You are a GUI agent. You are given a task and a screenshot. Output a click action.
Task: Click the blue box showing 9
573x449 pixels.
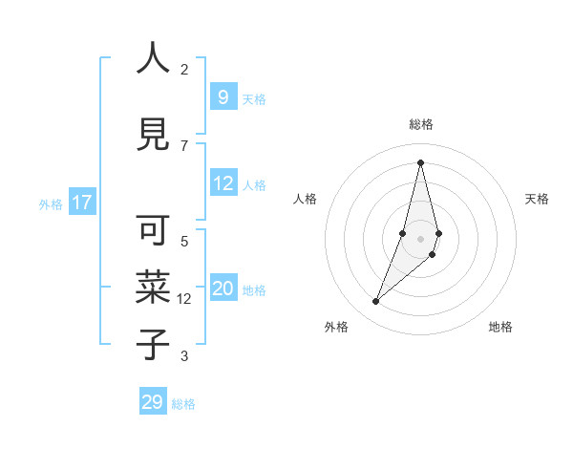[x=223, y=97]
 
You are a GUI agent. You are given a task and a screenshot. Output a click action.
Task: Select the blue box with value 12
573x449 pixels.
[x=223, y=183]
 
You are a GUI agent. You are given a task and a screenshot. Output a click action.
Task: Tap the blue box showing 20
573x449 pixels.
[x=223, y=289]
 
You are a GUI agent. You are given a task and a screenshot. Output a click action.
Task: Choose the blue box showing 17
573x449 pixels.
[x=81, y=203]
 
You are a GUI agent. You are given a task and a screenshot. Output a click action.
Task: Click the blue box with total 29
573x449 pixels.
[x=153, y=402]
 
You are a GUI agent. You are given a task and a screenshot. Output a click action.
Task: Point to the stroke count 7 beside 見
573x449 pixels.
[x=184, y=145]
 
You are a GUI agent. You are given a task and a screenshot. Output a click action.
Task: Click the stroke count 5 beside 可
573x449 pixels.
[x=184, y=242]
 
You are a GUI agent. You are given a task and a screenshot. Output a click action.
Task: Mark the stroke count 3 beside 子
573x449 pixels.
[x=184, y=356]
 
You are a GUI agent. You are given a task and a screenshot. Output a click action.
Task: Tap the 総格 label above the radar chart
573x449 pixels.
[x=420, y=124]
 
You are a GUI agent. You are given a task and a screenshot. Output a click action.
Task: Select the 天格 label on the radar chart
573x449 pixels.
[x=537, y=199]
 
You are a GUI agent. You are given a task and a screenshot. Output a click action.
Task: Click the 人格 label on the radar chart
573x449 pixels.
[x=305, y=199]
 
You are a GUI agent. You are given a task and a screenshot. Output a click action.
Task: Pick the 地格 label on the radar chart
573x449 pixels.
[x=500, y=327]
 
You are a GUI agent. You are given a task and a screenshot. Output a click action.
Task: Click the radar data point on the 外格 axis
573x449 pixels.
[x=375, y=302]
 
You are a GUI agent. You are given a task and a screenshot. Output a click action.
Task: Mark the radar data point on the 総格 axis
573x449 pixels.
[x=420, y=161]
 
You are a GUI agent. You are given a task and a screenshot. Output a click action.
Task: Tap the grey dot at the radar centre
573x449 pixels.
[x=420, y=239]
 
